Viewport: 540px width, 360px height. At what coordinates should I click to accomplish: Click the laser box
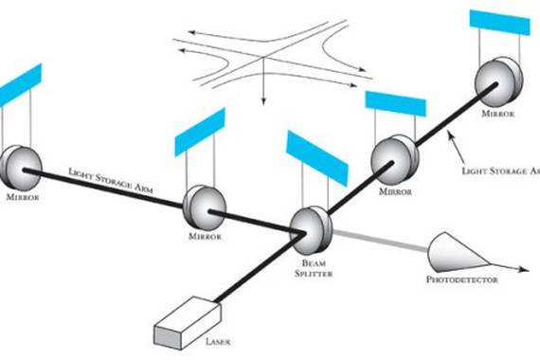click(188, 323)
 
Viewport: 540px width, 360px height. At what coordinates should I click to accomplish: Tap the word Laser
click(218, 342)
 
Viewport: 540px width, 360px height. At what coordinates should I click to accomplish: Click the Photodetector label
click(462, 279)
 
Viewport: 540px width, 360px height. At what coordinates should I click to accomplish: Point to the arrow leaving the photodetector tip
click(510, 268)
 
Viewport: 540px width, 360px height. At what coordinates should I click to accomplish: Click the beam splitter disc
click(311, 229)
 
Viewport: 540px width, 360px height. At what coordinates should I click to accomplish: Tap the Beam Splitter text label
click(314, 268)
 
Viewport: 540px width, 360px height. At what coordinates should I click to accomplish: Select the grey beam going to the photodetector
click(380, 240)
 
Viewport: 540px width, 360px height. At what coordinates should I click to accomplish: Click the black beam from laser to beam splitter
click(260, 268)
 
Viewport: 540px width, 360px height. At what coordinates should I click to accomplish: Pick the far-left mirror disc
click(22, 168)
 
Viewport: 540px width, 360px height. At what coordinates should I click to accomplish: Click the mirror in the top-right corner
click(498, 82)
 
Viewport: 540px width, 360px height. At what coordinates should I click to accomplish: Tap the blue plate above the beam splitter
click(317, 158)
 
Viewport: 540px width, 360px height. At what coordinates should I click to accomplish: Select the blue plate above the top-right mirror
click(499, 23)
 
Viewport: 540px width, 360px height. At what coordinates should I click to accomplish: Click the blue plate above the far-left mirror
click(20, 84)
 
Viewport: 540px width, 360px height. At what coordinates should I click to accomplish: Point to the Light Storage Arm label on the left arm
click(111, 180)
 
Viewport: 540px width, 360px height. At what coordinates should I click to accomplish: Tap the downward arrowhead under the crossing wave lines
click(263, 100)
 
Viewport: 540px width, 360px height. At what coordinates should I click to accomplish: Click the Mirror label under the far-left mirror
click(23, 197)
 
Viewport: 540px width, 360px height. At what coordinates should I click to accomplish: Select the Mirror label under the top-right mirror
click(498, 114)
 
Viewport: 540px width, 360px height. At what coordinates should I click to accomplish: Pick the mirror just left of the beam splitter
click(205, 207)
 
